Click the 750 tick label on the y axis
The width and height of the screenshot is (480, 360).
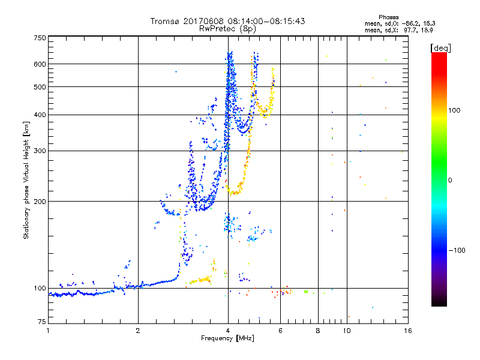point(40,38)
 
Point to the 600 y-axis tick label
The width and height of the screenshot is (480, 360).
point(40,64)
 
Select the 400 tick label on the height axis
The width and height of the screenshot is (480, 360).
point(40,115)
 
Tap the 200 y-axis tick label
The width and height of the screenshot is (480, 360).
point(40,201)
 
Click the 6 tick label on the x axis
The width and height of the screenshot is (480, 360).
point(280,331)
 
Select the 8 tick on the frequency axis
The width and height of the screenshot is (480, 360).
point(318,331)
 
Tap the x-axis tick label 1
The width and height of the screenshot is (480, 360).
point(49,331)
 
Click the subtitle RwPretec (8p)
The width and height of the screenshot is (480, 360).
point(228,28)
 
